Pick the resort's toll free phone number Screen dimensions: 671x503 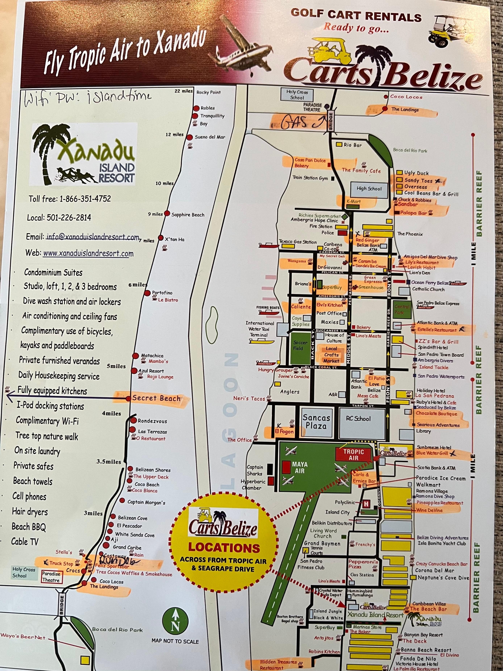[x=70, y=199]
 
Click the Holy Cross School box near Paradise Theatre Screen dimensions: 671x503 [x=297, y=95]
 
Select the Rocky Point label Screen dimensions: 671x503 [x=209, y=93]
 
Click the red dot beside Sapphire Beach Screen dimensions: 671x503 [x=167, y=213]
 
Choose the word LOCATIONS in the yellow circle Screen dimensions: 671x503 [x=224, y=548]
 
